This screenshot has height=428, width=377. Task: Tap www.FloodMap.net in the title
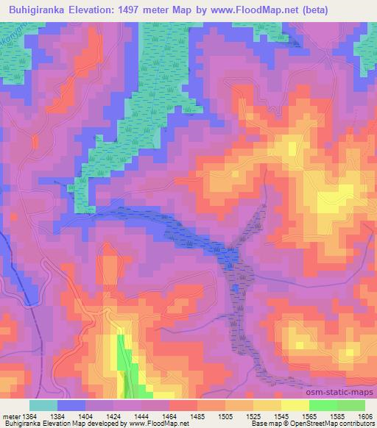(254, 10)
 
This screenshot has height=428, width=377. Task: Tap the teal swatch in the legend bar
(43, 405)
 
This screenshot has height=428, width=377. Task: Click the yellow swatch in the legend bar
(295, 405)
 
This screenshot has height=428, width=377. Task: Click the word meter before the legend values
(12, 416)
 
